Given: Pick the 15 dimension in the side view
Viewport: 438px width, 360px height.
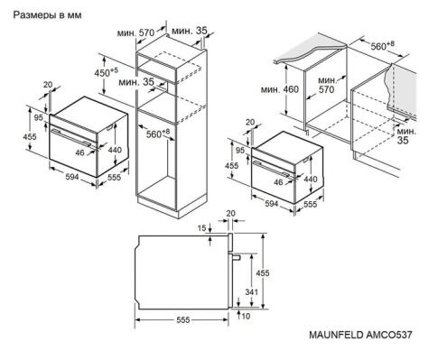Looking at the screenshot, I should pos(204,226).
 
